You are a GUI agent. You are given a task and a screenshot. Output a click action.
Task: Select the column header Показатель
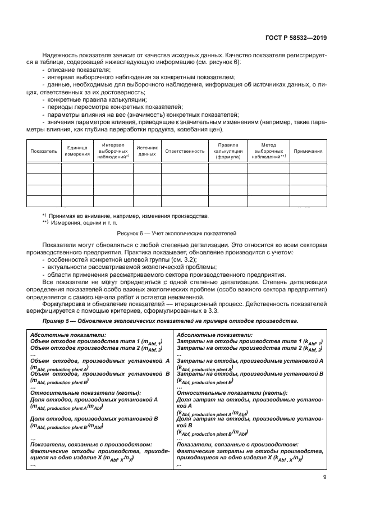point(44,151)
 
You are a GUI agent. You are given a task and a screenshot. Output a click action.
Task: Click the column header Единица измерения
point(77,151)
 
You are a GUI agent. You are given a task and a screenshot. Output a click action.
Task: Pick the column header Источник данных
point(147,151)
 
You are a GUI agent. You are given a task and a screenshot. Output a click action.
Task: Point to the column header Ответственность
point(185,151)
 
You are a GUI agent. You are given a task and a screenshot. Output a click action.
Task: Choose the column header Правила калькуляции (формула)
point(228,151)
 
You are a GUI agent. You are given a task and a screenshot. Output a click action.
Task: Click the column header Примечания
point(308,151)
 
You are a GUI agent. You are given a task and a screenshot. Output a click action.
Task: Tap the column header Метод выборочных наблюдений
point(268,151)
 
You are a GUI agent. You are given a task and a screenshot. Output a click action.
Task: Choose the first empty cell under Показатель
point(44,168)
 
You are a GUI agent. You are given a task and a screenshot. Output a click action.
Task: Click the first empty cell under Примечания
point(308,168)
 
